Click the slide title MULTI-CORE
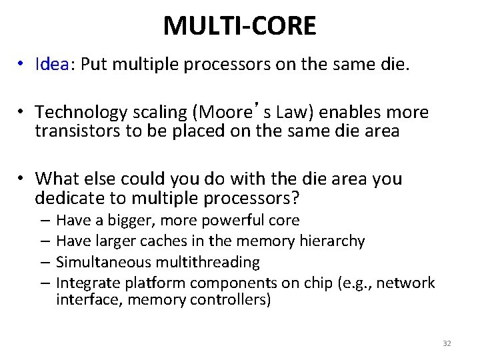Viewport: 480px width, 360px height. point(239,25)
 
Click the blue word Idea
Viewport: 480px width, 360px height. point(52,65)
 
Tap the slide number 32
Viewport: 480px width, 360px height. point(447,343)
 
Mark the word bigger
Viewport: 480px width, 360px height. point(126,220)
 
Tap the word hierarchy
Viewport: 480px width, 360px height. point(333,241)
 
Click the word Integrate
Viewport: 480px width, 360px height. point(86,283)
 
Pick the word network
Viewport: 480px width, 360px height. point(407,283)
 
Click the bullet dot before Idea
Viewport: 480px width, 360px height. point(23,65)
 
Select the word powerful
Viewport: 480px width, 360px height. point(239,220)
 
